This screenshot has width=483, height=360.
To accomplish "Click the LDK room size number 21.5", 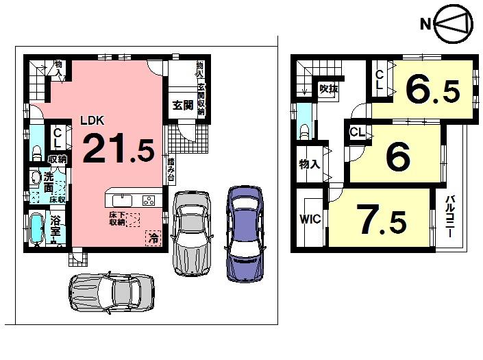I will (x=118, y=147).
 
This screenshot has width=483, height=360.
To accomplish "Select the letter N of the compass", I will (x=425, y=25).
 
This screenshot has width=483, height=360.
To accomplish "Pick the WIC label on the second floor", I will (x=309, y=221).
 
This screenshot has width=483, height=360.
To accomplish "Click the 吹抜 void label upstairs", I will (x=329, y=88).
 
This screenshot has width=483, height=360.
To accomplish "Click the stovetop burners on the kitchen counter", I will (x=149, y=200).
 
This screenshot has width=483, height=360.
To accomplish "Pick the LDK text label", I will (x=92, y=120).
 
